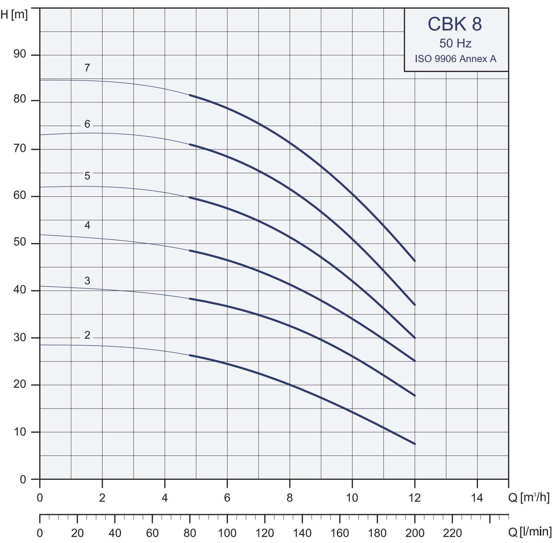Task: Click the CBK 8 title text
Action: (455, 24)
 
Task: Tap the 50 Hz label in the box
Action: (455, 44)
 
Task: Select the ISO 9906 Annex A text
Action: (455, 59)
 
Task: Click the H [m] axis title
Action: (14, 15)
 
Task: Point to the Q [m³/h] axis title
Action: (529, 497)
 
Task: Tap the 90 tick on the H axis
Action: (20, 54)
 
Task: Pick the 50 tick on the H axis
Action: (20, 242)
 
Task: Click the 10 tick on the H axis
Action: (20, 432)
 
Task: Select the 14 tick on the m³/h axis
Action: (477, 498)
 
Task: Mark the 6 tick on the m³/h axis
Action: (227, 498)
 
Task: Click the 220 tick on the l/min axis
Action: (452, 533)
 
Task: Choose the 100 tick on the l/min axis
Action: (227, 533)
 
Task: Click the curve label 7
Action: (87, 67)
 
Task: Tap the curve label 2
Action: (87, 335)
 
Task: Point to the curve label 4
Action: (87, 225)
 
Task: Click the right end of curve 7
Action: (415, 261)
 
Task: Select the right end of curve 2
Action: (415, 444)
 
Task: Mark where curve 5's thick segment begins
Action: (190, 197)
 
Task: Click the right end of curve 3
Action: (415, 396)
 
